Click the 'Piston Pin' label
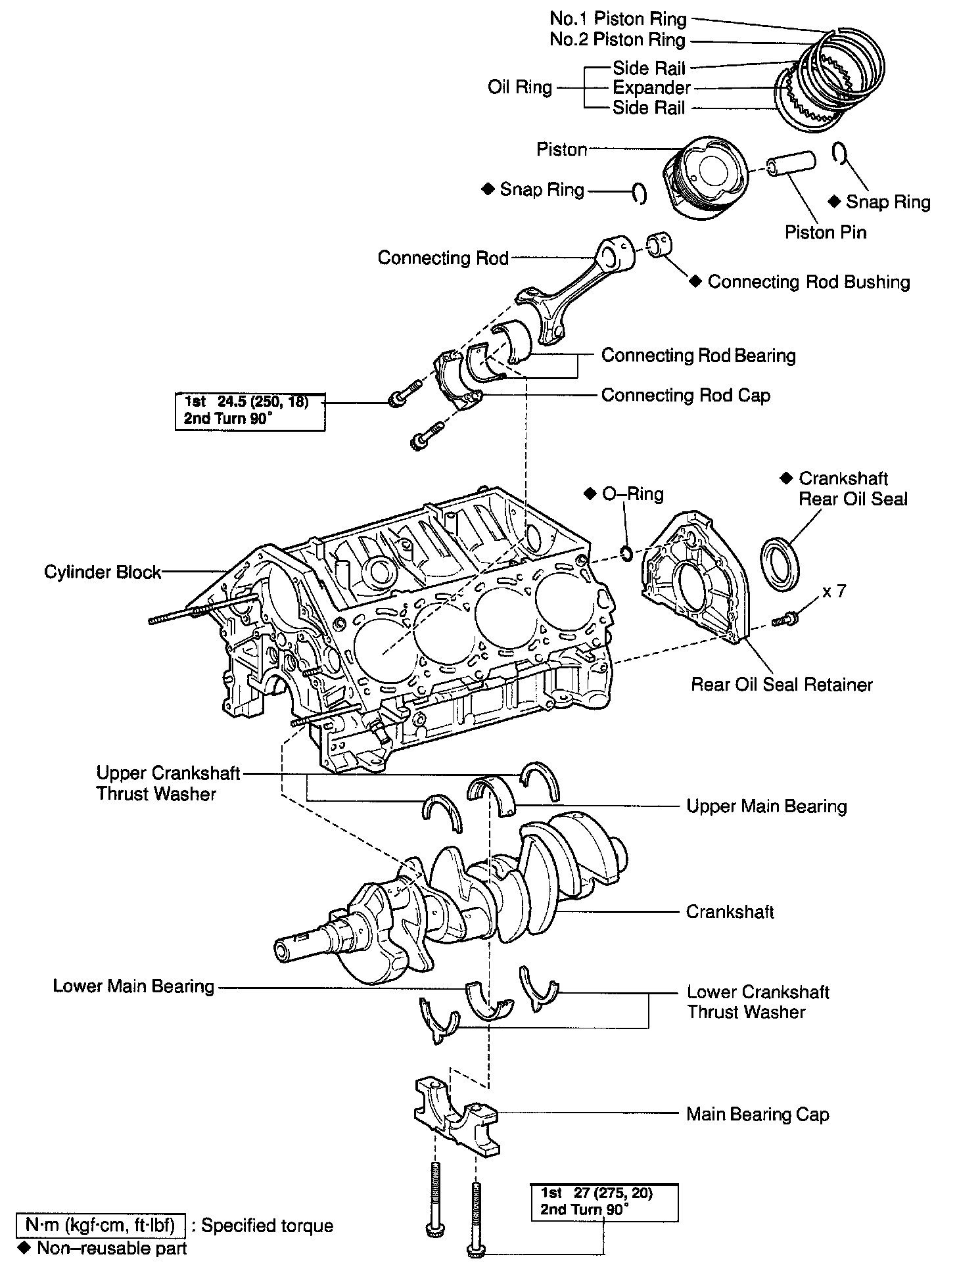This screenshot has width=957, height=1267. click(826, 232)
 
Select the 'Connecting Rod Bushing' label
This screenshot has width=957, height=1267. click(808, 282)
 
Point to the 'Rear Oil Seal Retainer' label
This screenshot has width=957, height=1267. click(782, 685)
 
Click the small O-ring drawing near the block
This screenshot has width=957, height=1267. click(626, 553)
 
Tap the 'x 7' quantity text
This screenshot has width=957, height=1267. click(834, 591)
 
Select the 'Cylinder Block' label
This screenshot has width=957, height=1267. click(103, 572)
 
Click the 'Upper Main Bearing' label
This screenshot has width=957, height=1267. click(766, 806)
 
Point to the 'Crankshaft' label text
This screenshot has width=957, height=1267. click(730, 911)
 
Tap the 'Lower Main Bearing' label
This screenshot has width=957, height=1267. click(133, 986)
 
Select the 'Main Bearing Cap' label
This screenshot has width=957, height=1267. click(757, 1114)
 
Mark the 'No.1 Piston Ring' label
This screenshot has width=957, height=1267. click(618, 19)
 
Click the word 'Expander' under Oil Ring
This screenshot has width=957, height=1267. click(651, 87)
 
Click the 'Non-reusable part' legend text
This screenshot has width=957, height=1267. click(112, 1248)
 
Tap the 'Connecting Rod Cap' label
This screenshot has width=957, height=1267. click(686, 395)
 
